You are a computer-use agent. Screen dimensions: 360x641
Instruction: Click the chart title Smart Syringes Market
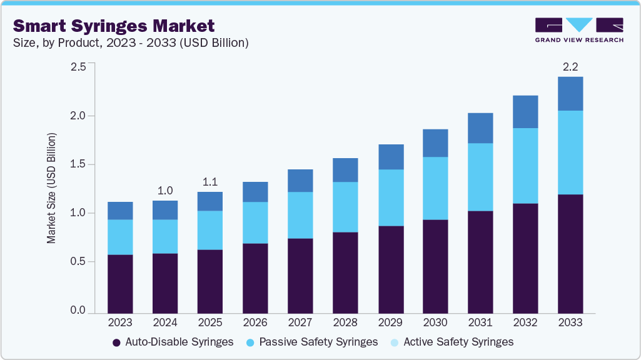coord(114,26)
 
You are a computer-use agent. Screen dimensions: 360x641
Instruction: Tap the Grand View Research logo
coord(579,29)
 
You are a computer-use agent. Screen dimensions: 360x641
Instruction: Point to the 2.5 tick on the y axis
coord(78,67)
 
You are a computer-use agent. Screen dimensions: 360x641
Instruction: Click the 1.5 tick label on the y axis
coord(78,164)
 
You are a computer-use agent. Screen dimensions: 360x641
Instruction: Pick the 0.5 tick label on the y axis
coord(78,262)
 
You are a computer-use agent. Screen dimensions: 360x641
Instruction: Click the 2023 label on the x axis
coord(120,323)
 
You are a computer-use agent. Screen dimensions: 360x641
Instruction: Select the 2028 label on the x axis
coord(345,323)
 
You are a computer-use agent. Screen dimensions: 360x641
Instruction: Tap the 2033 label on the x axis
coord(570,323)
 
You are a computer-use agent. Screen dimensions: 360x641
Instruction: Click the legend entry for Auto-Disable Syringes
coord(173,342)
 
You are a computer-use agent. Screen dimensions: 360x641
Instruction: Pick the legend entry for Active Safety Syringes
coord(452,342)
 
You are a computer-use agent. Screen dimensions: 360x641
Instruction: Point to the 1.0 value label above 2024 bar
coord(165,190)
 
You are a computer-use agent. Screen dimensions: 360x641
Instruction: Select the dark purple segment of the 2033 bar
coord(570,253)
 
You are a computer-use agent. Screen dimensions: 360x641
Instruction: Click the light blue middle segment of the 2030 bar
coord(435,188)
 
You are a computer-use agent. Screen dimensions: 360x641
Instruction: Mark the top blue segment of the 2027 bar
coord(300,181)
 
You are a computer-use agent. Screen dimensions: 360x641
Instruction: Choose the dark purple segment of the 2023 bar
coord(120,283)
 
